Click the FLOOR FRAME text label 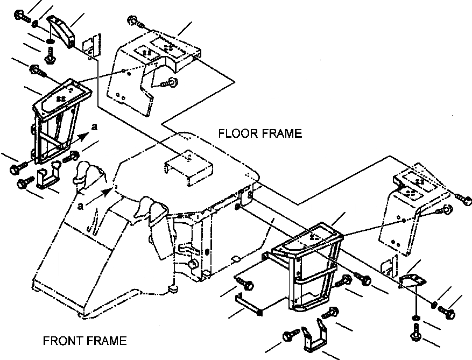click(260, 133)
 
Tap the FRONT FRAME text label click(85, 341)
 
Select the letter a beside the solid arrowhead click(95, 128)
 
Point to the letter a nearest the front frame click(80, 206)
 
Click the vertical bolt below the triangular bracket click(416, 331)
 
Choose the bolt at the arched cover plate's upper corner click(133, 22)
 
